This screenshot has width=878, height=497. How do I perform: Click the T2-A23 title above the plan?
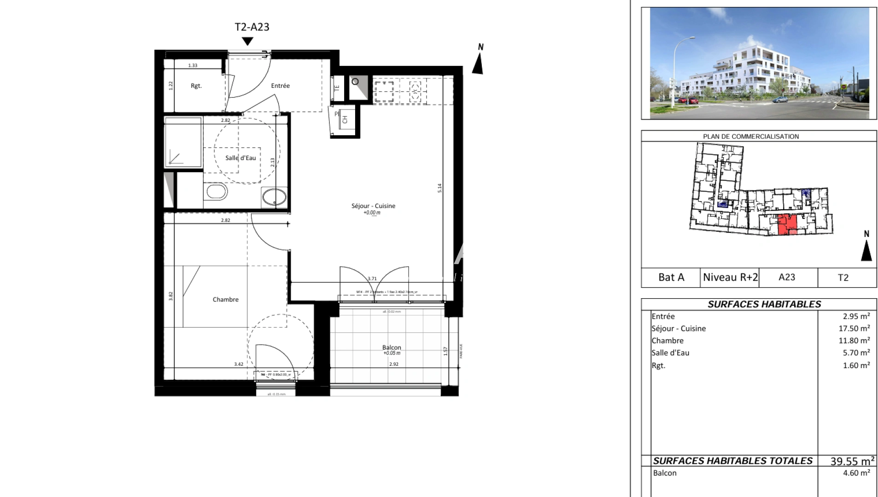[x=252, y=27]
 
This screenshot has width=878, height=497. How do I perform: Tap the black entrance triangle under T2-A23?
[x=248, y=41]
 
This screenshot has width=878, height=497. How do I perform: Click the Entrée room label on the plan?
[x=280, y=86]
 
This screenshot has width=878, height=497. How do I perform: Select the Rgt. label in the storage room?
[x=196, y=86]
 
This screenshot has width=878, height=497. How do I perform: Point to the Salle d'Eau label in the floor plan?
[x=240, y=158]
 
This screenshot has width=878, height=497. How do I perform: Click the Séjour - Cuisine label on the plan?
[x=373, y=206]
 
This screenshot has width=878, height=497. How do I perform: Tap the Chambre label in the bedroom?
[x=225, y=300]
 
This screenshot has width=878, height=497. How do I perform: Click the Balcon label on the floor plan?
[x=392, y=347]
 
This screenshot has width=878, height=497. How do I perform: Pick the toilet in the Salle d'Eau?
[x=216, y=191]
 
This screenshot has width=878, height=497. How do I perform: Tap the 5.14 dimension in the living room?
[x=440, y=188]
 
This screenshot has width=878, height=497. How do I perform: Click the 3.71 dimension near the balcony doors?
[x=372, y=278]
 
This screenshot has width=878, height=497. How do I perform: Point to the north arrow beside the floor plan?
[x=478, y=63]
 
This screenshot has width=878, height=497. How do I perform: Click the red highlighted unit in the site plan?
[x=787, y=224]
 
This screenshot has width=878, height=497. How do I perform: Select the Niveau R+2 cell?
[x=730, y=277]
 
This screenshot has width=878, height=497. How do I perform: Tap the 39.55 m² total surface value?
[x=852, y=461]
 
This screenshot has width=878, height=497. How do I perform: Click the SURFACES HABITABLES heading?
[x=764, y=304]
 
